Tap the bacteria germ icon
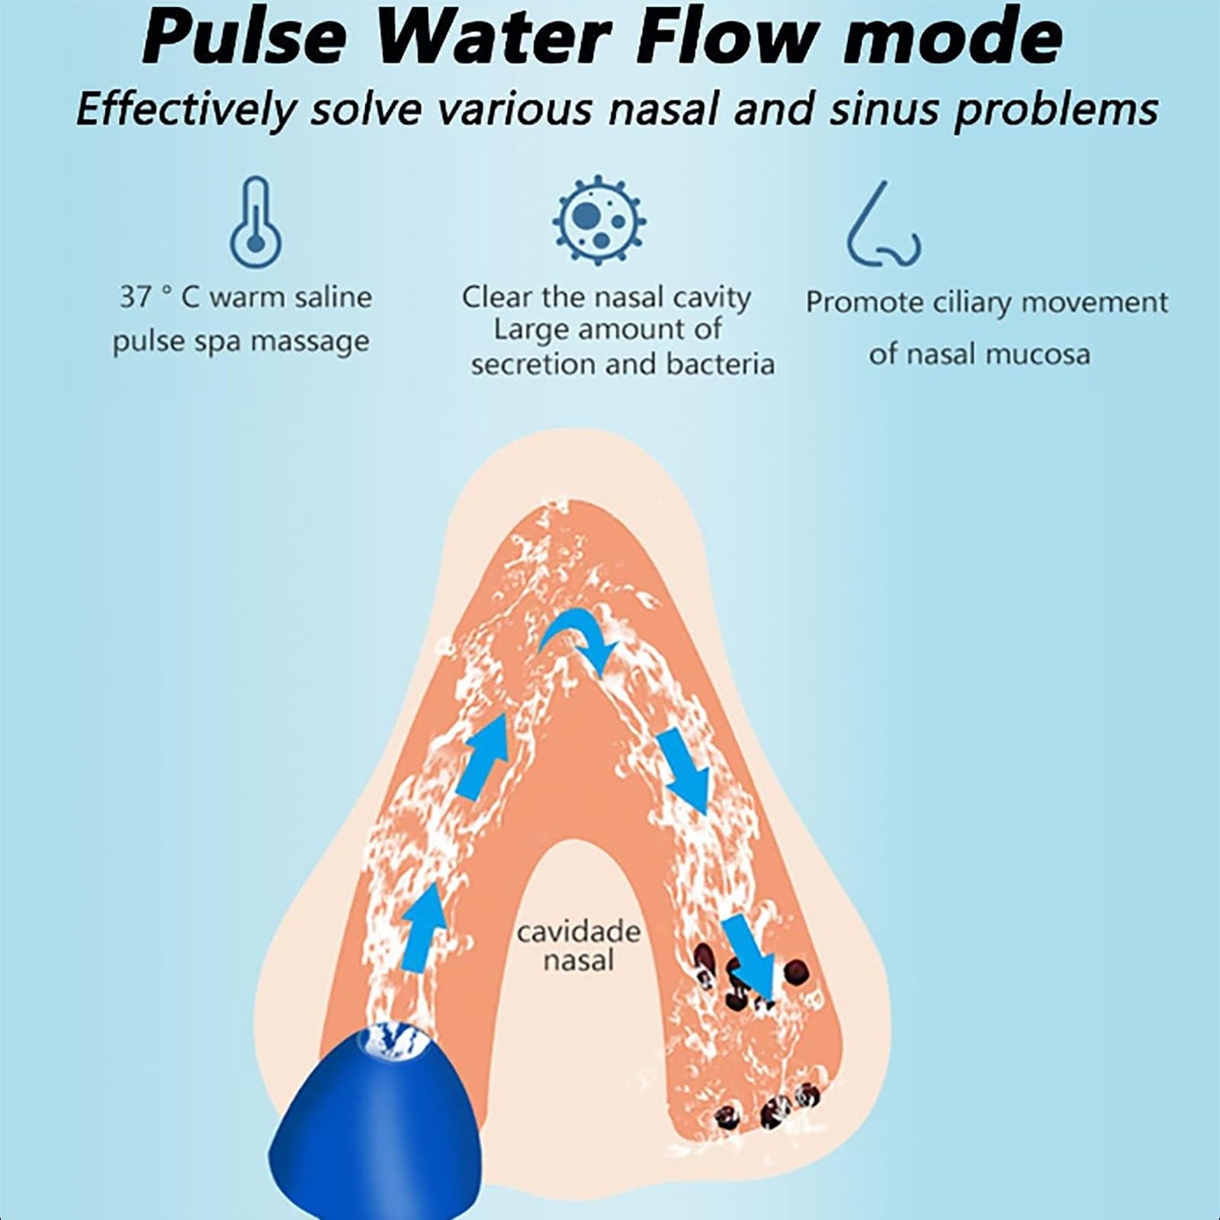pos(599,219)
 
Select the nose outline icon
pos(883,224)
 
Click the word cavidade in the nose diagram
pos(579,932)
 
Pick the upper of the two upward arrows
pos(483,756)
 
